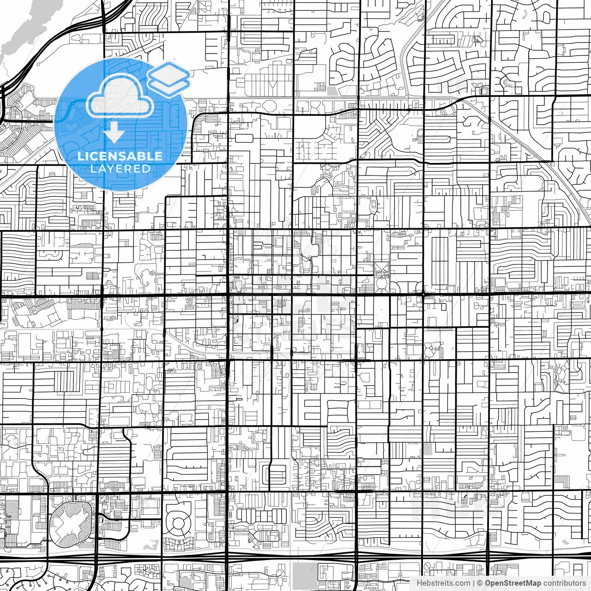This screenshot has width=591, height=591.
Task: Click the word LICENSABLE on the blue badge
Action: click(120, 156)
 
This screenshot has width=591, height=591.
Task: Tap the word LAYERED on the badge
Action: click(120, 169)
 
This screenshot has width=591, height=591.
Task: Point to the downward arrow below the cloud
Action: click(114, 133)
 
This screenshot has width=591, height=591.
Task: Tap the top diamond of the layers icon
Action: click(169, 72)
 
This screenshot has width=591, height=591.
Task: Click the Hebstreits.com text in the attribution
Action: click(443, 583)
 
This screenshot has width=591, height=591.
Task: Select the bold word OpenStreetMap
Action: click(513, 583)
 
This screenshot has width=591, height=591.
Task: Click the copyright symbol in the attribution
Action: click(480, 583)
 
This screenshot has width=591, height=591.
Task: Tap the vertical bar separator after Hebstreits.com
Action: click(474, 583)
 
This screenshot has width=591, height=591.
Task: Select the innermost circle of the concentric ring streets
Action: click(178, 523)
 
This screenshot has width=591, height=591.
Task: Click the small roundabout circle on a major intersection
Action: click(423, 294)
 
